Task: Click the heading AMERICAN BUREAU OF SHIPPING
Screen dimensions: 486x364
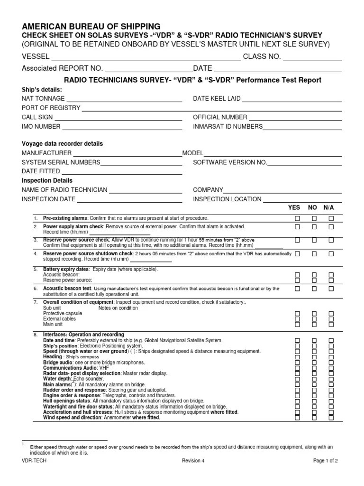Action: pos(91,26)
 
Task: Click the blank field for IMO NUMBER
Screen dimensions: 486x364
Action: pos(122,127)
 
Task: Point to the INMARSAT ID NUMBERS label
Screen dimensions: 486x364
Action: pos(227,127)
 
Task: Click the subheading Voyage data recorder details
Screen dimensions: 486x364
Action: pos(62,144)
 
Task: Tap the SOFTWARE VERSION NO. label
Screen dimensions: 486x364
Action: pos(230,162)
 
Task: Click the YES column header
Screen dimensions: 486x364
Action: pos(294,208)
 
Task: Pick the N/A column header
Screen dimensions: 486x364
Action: pos(329,208)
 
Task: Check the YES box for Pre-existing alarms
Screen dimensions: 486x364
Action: pos(298,218)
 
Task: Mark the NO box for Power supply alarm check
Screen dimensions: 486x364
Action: pos(314,227)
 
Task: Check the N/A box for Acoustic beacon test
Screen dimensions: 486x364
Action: pos(331,289)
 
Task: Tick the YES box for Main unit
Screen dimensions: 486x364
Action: pos(298,325)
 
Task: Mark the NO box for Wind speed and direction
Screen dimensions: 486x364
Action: pos(314,418)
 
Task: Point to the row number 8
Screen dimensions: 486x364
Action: pos(35,335)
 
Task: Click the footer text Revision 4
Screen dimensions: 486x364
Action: pos(193,461)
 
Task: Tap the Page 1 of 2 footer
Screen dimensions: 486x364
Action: pos(325,461)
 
